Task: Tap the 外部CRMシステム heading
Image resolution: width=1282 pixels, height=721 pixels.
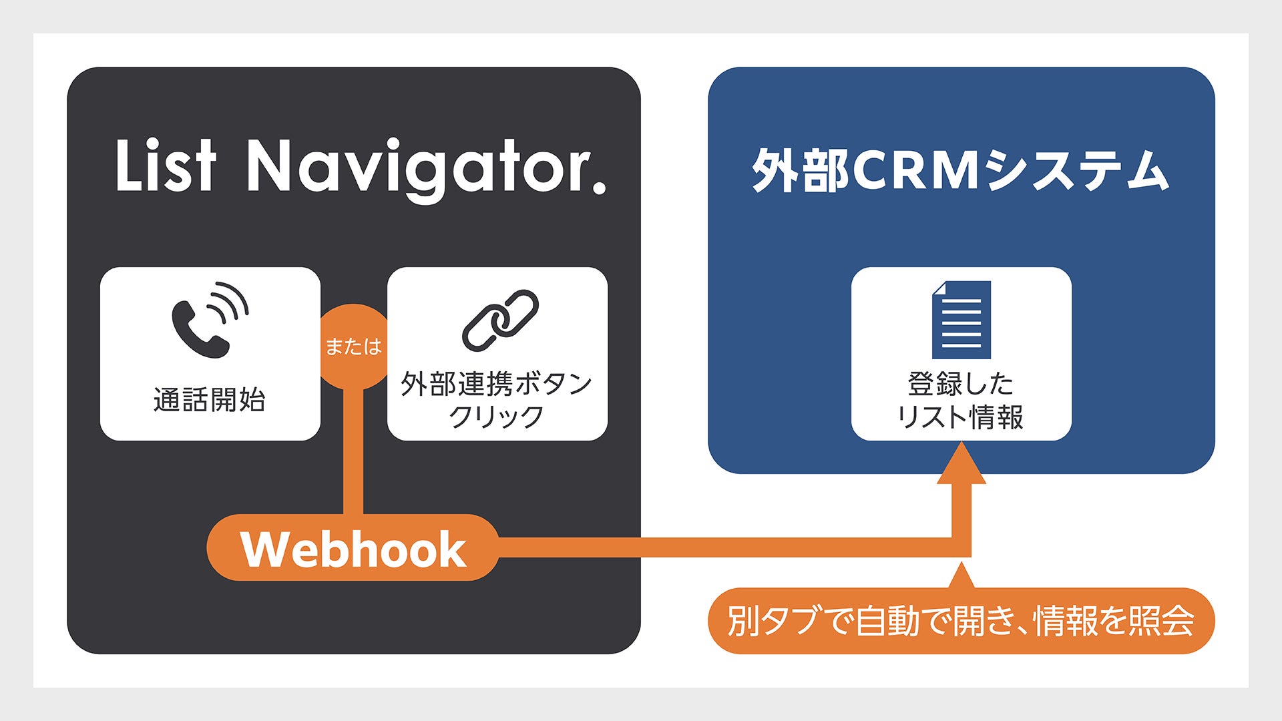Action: pyautogui.click(x=960, y=171)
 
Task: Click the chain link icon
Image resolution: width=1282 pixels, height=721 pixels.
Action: pyautogui.click(x=500, y=320)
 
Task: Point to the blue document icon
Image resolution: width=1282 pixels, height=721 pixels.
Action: pyautogui.click(x=961, y=320)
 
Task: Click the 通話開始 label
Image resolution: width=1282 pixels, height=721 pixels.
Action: pyautogui.click(x=210, y=400)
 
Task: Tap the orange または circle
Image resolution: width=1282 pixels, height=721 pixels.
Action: pyautogui.click(x=353, y=346)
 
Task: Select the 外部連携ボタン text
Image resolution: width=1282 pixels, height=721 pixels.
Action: pyautogui.click(x=496, y=384)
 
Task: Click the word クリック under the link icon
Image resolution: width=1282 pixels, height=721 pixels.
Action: pyautogui.click(x=496, y=417)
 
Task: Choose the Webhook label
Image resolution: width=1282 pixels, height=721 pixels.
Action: pyautogui.click(x=353, y=549)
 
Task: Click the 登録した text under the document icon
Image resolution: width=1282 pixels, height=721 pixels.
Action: pyautogui.click(x=961, y=384)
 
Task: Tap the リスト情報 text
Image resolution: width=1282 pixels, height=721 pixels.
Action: pyautogui.click(x=961, y=417)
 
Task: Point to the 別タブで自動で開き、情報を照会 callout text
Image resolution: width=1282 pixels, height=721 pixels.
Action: pyautogui.click(x=961, y=621)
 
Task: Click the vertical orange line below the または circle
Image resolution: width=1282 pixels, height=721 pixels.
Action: pyautogui.click(x=353, y=454)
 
